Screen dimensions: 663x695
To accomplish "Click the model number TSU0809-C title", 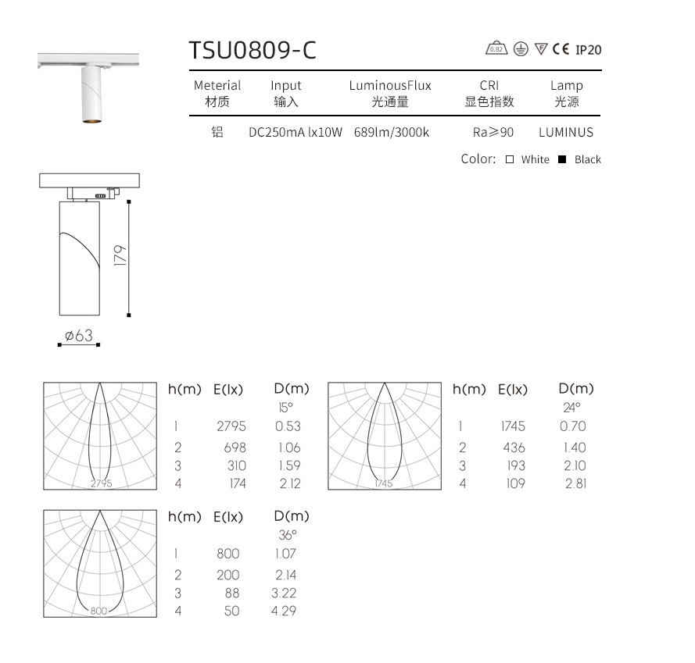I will [253, 50].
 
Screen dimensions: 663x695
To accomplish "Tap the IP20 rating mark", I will [589, 50].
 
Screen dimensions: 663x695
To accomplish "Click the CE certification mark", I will [561, 49].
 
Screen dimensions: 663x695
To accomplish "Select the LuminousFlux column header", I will [390, 86].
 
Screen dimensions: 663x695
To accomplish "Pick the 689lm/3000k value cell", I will [392, 133].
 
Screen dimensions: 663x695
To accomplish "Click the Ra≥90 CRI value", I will [489, 133].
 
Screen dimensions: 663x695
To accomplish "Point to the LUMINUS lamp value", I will [566, 133].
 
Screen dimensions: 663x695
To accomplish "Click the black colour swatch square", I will [562, 159].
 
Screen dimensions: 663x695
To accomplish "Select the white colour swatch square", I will [509, 159].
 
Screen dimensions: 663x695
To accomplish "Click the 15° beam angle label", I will [285, 407].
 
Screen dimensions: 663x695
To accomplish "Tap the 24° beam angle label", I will [571, 407].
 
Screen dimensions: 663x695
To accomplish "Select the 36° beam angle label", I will [288, 535].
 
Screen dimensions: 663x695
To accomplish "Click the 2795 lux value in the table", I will [231, 426].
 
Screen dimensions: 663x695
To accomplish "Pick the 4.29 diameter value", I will [284, 611].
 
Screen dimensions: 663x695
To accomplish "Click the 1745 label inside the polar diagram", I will [383, 483].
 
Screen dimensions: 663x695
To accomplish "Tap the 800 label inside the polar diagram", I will [99, 611].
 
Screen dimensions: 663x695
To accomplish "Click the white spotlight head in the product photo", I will [90, 94].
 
